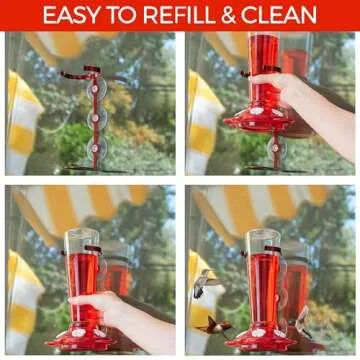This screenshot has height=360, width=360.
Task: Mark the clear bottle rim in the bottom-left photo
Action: [x=84, y=234]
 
